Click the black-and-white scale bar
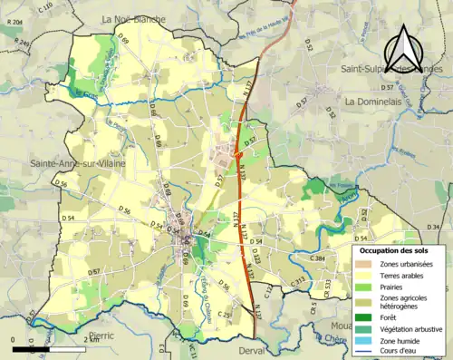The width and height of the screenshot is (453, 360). (37, 348)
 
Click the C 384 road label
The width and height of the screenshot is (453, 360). (317, 258)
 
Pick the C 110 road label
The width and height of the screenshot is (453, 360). (46, 8)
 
